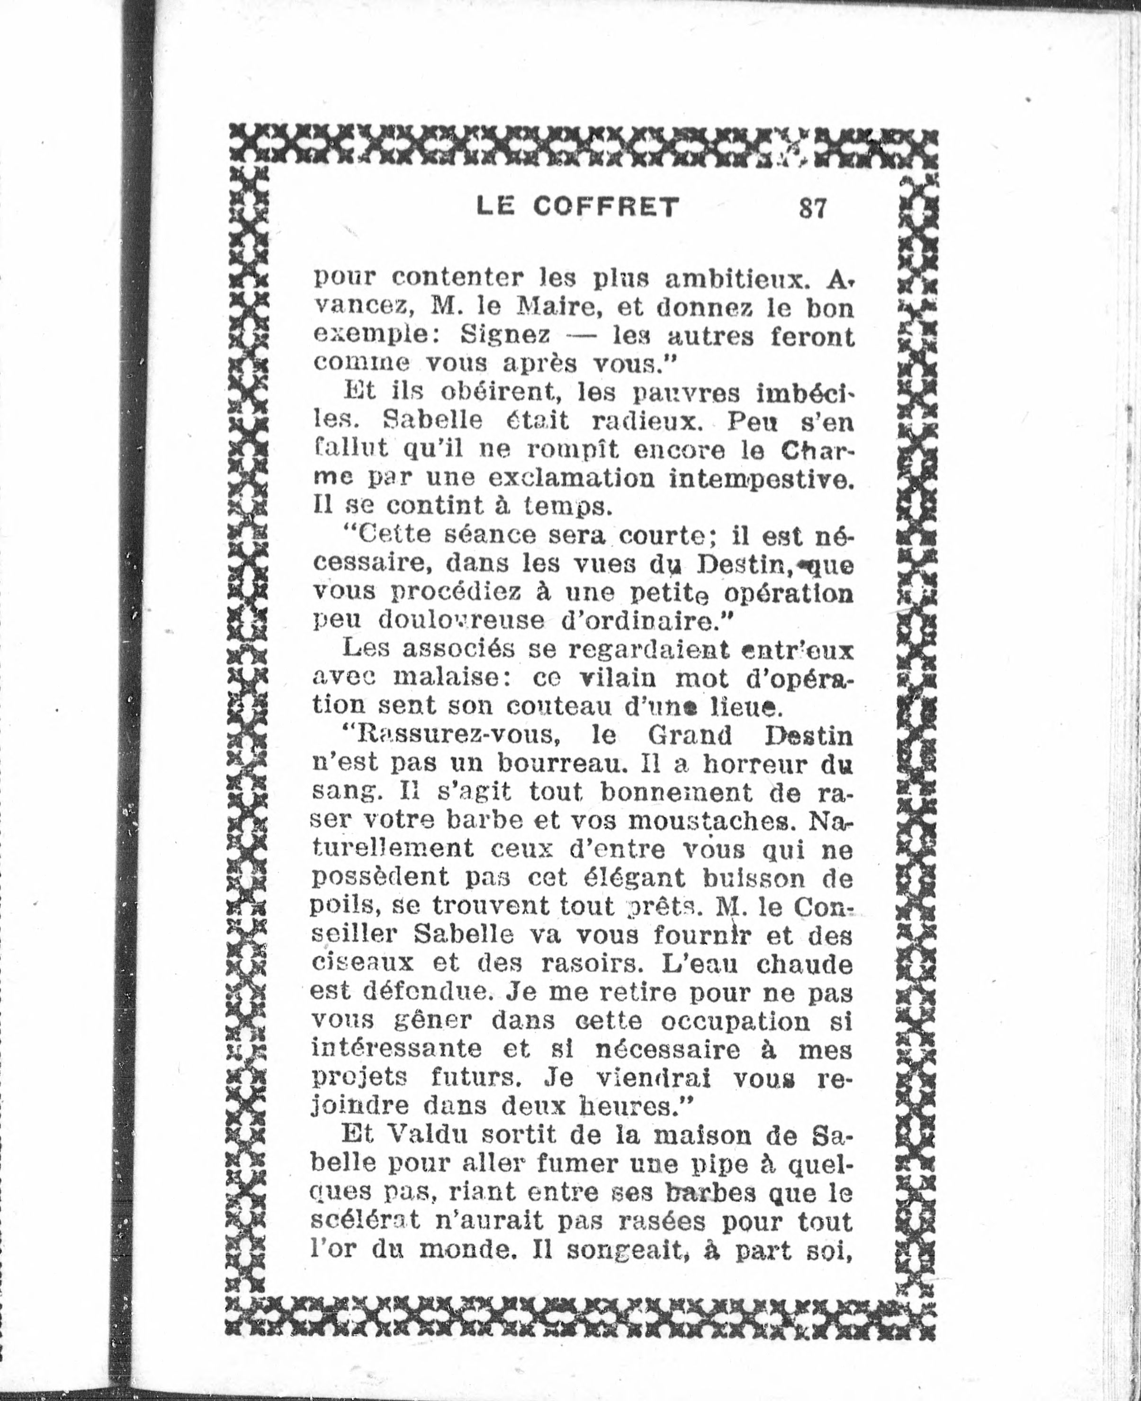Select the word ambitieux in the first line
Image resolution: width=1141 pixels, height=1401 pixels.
click(735, 279)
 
